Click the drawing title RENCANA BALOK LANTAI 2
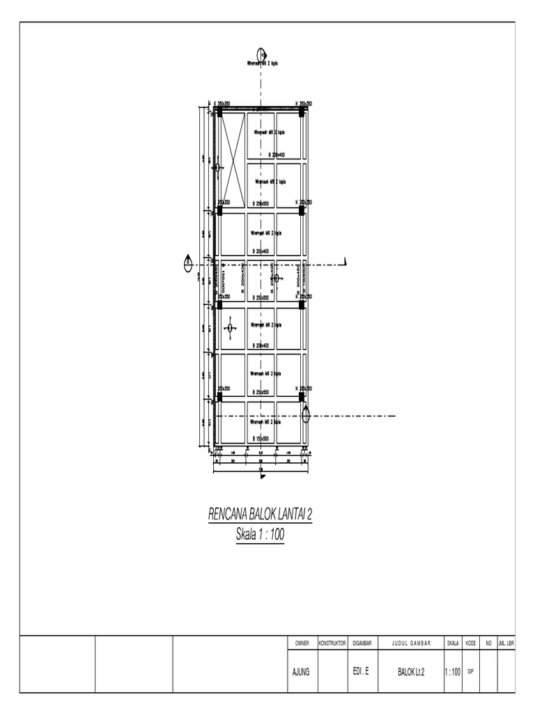pyautogui.click(x=261, y=515)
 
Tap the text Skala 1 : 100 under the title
pyautogui.click(x=261, y=535)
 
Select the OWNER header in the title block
pyautogui.click(x=302, y=644)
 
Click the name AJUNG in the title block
pyautogui.click(x=302, y=672)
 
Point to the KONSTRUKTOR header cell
pyautogui.click(x=332, y=644)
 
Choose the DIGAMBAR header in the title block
pyautogui.click(x=362, y=644)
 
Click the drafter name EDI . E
pyautogui.click(x=361, y=672)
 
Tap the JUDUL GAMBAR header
pyautogui.click(x=411, y=644)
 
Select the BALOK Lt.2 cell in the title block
pyautogui.click(x=411, y=672)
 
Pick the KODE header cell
pyautogui.click(x=470, y=644)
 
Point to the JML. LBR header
pyautogui.click(x=506, y=644)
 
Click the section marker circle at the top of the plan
pyautogui.click(x=261, y=54)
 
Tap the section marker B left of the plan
pyautogui.click(x=188, y=263)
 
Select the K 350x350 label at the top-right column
pyautogui.click(x=303, y=104)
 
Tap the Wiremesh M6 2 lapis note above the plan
pyautogui.click(x=263, y=63)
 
